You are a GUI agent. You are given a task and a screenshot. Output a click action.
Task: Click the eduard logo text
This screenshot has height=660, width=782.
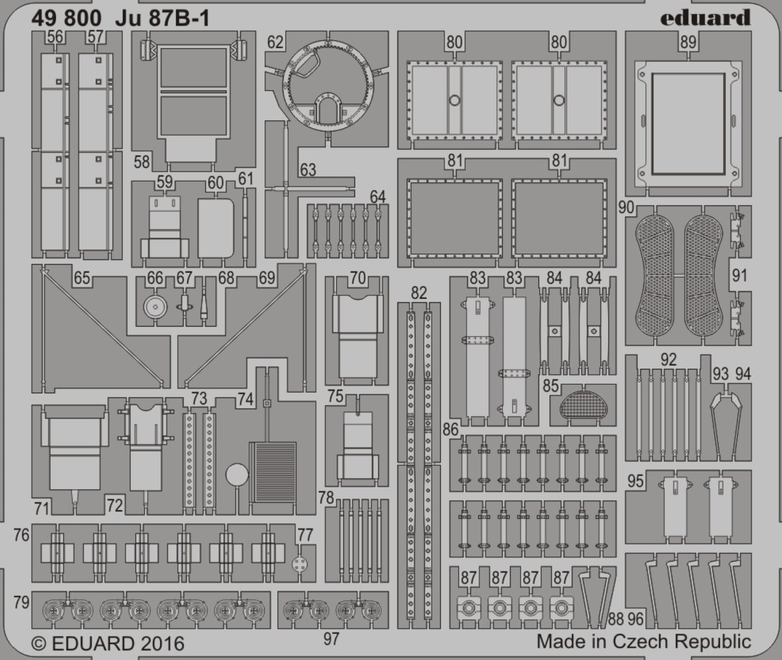[x=705, y=18]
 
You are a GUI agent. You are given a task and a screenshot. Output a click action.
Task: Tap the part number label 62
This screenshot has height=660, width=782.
[x=275, y=42]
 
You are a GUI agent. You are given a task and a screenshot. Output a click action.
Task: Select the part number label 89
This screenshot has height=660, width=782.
[x=688, y=42]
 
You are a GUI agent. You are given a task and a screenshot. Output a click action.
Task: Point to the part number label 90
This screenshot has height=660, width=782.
[x=626, y=207]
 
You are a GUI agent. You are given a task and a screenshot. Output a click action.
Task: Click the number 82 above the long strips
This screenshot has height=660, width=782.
[x=419, y=293]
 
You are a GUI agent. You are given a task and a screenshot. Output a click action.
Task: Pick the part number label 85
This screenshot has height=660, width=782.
[x=550, y=385]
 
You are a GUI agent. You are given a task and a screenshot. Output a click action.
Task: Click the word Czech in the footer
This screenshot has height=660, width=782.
[x=638, y=641]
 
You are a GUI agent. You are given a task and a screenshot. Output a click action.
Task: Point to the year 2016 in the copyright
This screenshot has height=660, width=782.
[x=162, y=643]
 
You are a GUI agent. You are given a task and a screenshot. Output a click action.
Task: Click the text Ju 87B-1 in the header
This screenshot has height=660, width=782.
[x=162, y=18]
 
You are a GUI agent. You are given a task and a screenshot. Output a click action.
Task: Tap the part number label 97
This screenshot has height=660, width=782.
[x=331, y=639]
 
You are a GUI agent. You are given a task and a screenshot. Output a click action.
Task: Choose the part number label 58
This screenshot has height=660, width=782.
[x=142, y=162]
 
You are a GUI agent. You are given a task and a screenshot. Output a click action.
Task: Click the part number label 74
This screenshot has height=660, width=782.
[x=245, y=399]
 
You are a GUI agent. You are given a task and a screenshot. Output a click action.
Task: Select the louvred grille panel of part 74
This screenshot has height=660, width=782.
[x=273, y=472]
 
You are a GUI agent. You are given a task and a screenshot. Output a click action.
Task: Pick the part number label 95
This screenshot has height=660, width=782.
[x=635, y=481]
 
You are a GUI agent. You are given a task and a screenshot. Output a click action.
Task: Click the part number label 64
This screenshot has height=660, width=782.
[x=377, y=197]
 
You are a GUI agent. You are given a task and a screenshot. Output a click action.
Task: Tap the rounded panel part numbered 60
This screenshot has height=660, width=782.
[x=216, y=228]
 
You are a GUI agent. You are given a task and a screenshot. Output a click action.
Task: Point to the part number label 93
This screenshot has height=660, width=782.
[x=720, y=374]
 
